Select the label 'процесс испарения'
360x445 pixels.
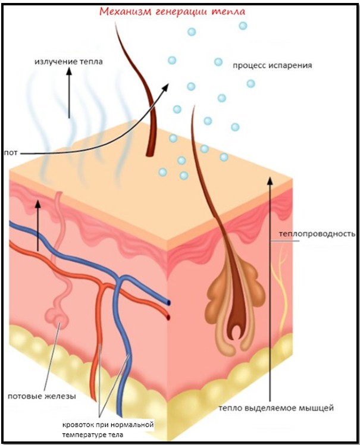(x=273, y=65)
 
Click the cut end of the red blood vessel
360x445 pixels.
(x=169, y=317)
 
